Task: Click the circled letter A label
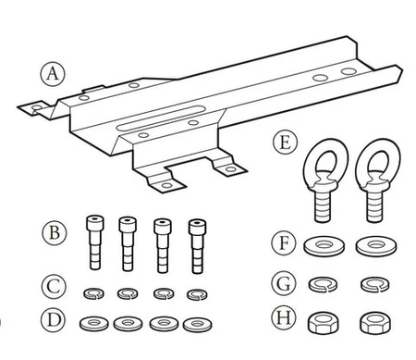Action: coord(53,74)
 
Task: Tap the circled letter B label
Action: coord(54,232)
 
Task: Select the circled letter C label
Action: coord(54,287)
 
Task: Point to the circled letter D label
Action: coord(54,320)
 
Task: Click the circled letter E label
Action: coord(285,143)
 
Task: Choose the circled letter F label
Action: coord(284,242)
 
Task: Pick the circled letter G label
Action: coord(284,283)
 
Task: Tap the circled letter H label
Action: coord(284,317)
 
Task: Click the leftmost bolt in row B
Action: coord(95,242)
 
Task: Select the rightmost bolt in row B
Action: coord(198,246)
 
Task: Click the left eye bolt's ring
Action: coord(325,160)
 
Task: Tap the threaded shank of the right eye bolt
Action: coord(374,205)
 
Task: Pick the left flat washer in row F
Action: coord(324,246)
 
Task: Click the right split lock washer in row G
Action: coord(375,284)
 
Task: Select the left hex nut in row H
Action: coord(323,323)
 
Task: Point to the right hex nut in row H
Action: coord(375,323)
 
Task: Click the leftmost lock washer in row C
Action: coord(93,293)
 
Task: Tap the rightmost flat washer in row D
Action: coord(197,325)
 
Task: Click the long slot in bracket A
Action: coord(161,118)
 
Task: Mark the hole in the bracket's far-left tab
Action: coord(37,107)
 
